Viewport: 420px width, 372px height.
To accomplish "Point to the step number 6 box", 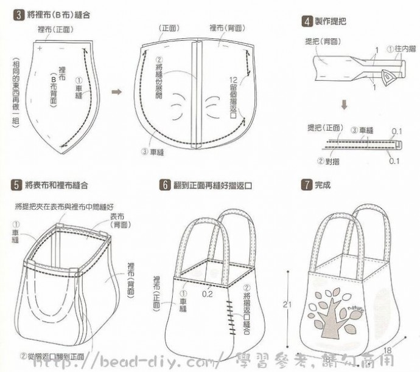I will click(x=164, y=184).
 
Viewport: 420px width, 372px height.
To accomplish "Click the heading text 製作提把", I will click(x=331, y=21).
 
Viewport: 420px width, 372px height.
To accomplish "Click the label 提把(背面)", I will click(x=323, y=41).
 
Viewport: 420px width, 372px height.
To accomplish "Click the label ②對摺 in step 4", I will click(x=329, y=161).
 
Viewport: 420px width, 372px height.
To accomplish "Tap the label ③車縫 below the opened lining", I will click(x=153, y=152).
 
